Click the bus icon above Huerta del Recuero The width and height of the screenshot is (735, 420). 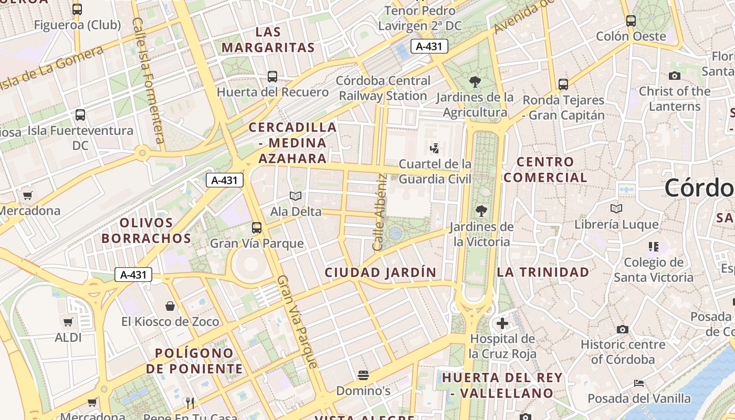[272, 76]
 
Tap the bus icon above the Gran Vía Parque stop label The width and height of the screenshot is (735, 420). [256, 227]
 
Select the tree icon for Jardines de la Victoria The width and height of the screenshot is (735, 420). [481, 211]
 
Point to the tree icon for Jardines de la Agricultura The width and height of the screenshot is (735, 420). [475, 81]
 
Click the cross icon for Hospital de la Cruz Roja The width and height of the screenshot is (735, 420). [502, 323]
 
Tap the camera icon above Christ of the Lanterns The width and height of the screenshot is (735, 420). [675, 76]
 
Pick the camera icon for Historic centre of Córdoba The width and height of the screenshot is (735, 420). [623, 329]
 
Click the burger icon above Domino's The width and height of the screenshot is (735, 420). [363, 375]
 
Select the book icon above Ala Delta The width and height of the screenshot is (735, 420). [296, 196]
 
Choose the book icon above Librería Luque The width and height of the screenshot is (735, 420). [616, 208]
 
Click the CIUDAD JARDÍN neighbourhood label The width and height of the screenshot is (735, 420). [380, 272]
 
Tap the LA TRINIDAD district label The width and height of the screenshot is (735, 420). [543, 272]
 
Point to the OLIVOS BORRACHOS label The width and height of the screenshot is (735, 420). [146, 230]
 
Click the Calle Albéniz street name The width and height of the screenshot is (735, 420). [380, 212]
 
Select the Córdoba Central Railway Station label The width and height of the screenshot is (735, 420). [383, 88]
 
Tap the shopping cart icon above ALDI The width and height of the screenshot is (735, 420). [68, 322]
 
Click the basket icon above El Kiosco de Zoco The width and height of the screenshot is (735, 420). [170, 306]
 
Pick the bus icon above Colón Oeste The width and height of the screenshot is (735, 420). [631, 21]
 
